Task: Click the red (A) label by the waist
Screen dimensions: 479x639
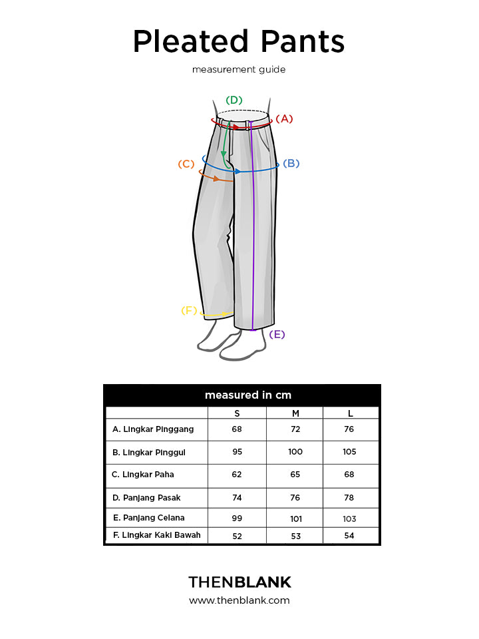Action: click(284, 118)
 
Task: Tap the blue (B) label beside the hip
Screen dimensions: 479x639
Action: click(291, 164)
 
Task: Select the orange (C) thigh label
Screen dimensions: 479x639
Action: click(186, 164)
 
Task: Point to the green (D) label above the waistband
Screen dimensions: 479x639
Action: click(234, 101)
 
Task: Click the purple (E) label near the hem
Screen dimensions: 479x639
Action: click(277, 335)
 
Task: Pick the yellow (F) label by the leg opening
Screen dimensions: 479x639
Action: click(189, 311)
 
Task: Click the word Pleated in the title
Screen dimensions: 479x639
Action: click(191, 41)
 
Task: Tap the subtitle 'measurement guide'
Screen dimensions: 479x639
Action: click(239, 69)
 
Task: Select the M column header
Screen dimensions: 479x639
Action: click(295, 413)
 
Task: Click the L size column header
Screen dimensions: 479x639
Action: click(351, 413)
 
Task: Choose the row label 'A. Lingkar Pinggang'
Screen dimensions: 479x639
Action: click(153, 429)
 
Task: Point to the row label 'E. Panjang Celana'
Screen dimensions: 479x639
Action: click(149, 518)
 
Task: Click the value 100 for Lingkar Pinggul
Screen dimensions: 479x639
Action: click(295, 451)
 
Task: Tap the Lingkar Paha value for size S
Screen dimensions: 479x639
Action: click(237, 475)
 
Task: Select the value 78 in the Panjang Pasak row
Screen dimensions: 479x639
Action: click(349, 498)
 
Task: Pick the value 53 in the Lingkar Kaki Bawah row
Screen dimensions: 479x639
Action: click(295, 536)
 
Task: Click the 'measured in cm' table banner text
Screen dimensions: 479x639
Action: click(248, 395)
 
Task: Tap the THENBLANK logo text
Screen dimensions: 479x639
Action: click(240, 582)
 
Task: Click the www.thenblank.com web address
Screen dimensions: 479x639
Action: click(239, 600)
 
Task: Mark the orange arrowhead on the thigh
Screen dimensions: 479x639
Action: click(216, 178)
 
